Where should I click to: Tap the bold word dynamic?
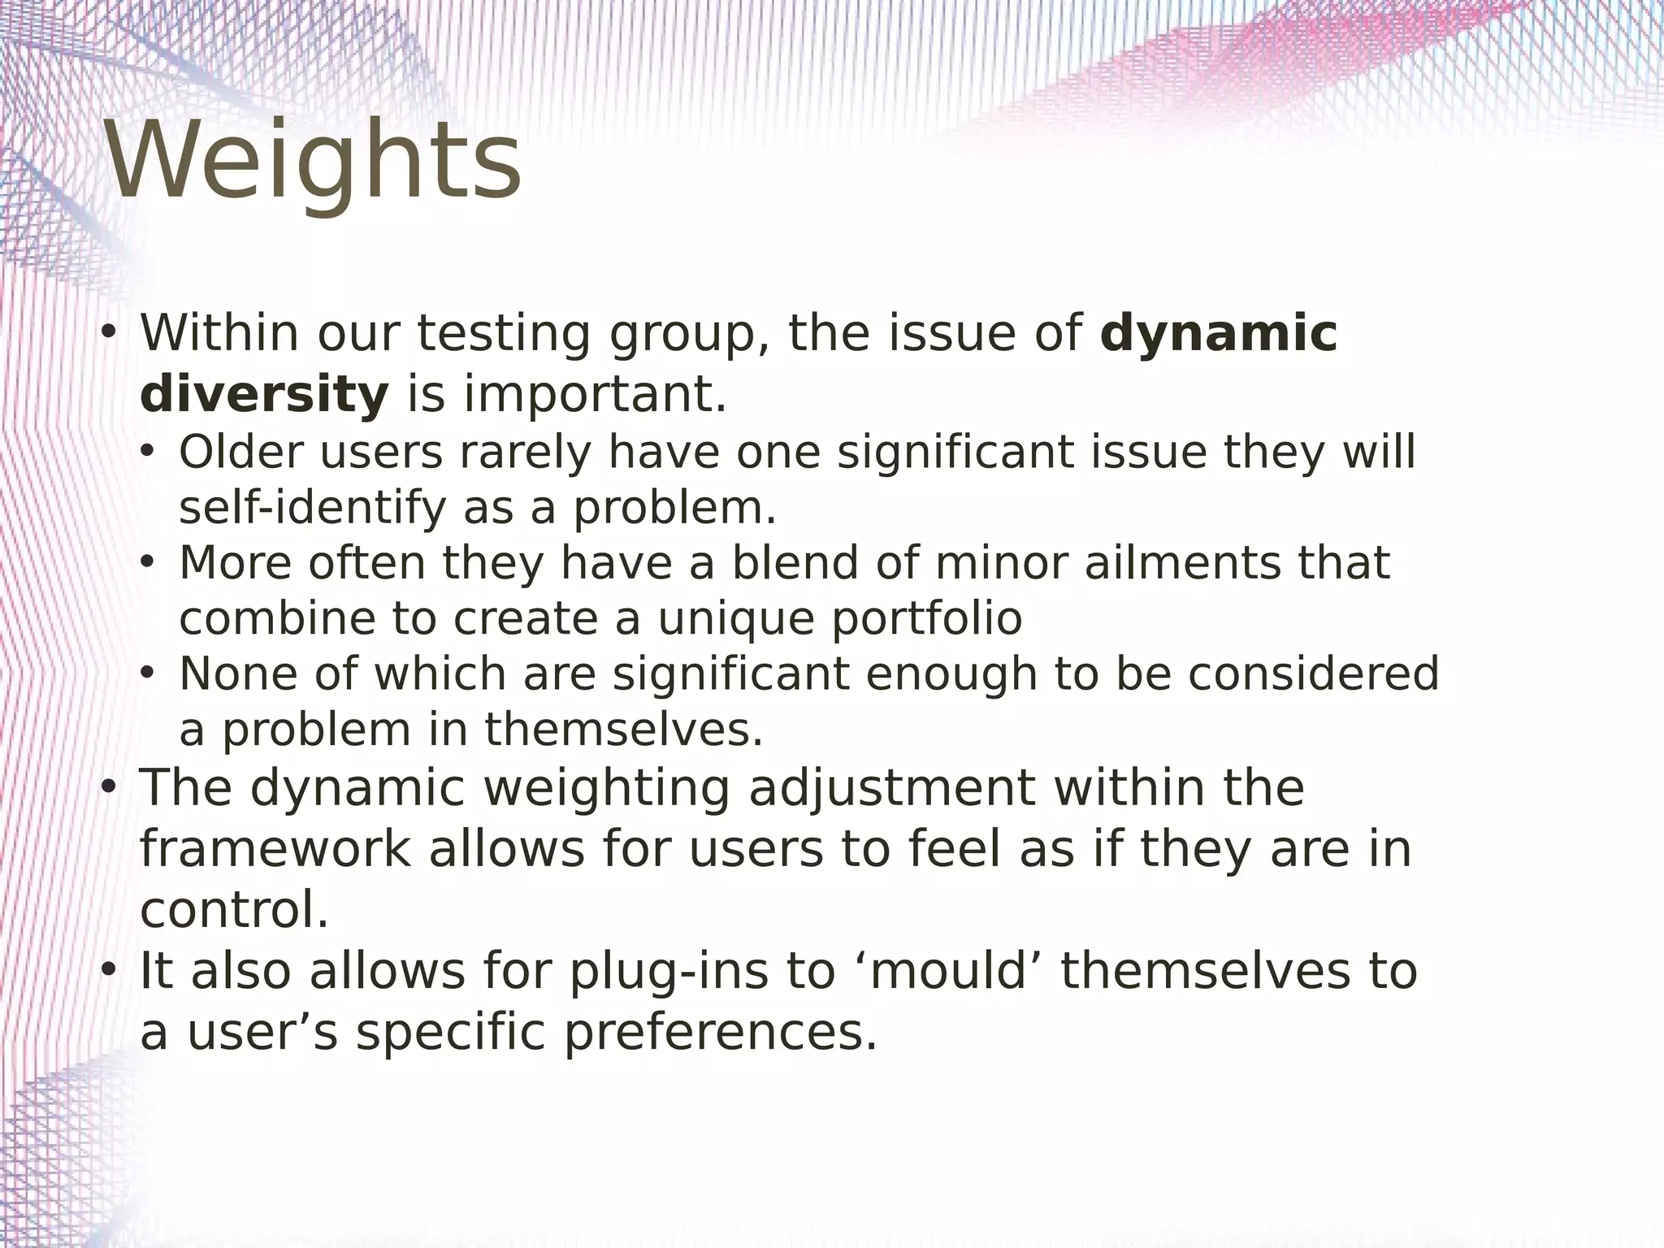(1218, 333)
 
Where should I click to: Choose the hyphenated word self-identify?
(313, 508)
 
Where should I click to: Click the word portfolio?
(926, 619)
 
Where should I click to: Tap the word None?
(238, 674)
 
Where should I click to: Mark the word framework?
(275, 849)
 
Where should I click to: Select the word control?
(234, 909)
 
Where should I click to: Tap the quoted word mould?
(949, 971)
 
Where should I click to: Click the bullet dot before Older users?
(146, 452)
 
